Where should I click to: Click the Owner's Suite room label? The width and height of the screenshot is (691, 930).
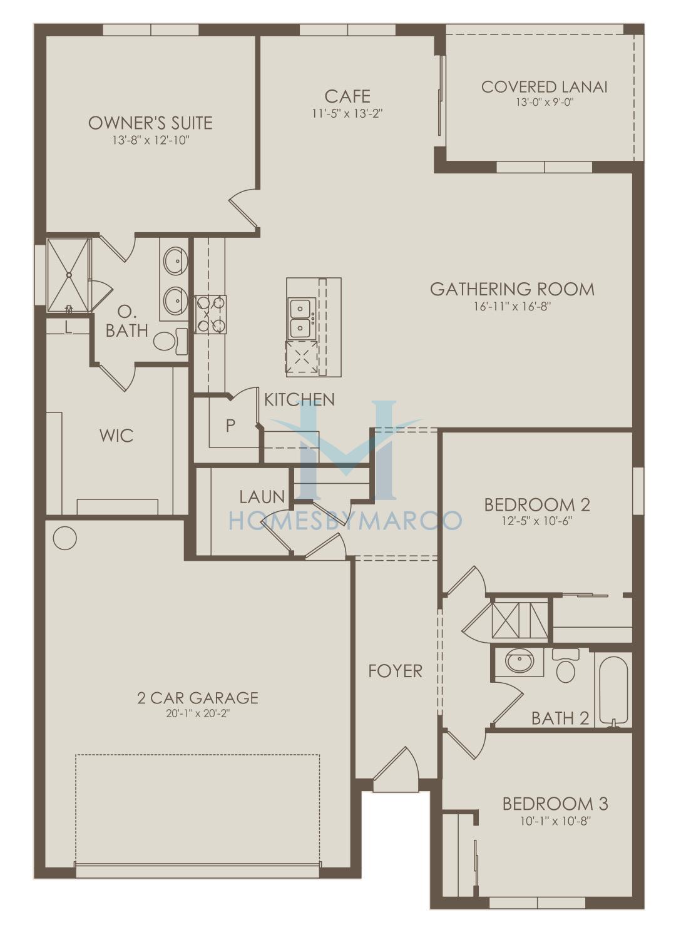(150, 123)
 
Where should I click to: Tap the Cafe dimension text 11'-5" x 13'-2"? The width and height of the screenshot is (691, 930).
(347, 114)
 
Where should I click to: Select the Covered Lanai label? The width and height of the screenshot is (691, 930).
(545, 87)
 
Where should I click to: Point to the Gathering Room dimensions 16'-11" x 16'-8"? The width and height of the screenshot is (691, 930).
(512, 307)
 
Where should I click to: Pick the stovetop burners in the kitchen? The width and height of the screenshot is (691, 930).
(210, 314)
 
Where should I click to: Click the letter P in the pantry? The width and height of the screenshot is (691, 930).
(230, 426)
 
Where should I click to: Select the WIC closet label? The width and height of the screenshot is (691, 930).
(116, 436)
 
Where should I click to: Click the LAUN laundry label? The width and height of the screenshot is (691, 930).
(262, 497)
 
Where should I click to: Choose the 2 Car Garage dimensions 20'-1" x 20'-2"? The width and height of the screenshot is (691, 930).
(198, 714)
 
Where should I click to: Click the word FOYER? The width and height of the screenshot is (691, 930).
(396, 672)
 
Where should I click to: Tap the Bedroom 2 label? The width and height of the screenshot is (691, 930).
(537, 504)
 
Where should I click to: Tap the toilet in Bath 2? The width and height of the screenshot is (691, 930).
(566, 667)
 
